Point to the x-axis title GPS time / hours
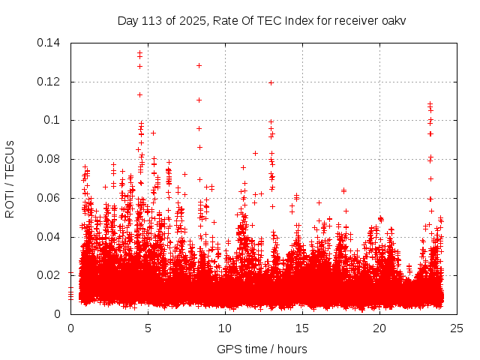point(262,349)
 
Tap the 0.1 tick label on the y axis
point(55,120)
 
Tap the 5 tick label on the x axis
point(148,328)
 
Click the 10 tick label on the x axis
point(226,328)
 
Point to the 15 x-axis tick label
point(303,328)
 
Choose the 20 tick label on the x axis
point(380,328)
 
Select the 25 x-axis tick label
point(457,328)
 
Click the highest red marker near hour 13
point(271,82)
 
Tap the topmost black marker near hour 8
point(199,65)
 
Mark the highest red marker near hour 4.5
point(139,53)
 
